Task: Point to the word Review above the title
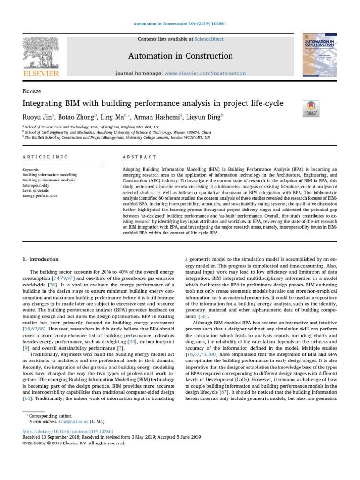coord(32,91)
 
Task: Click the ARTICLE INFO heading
coord(45,157)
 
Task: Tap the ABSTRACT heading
coord(139,157)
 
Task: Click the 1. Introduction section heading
coord(41,259)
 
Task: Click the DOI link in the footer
coord(68,431)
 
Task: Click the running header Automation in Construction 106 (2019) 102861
coord(180,23)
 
